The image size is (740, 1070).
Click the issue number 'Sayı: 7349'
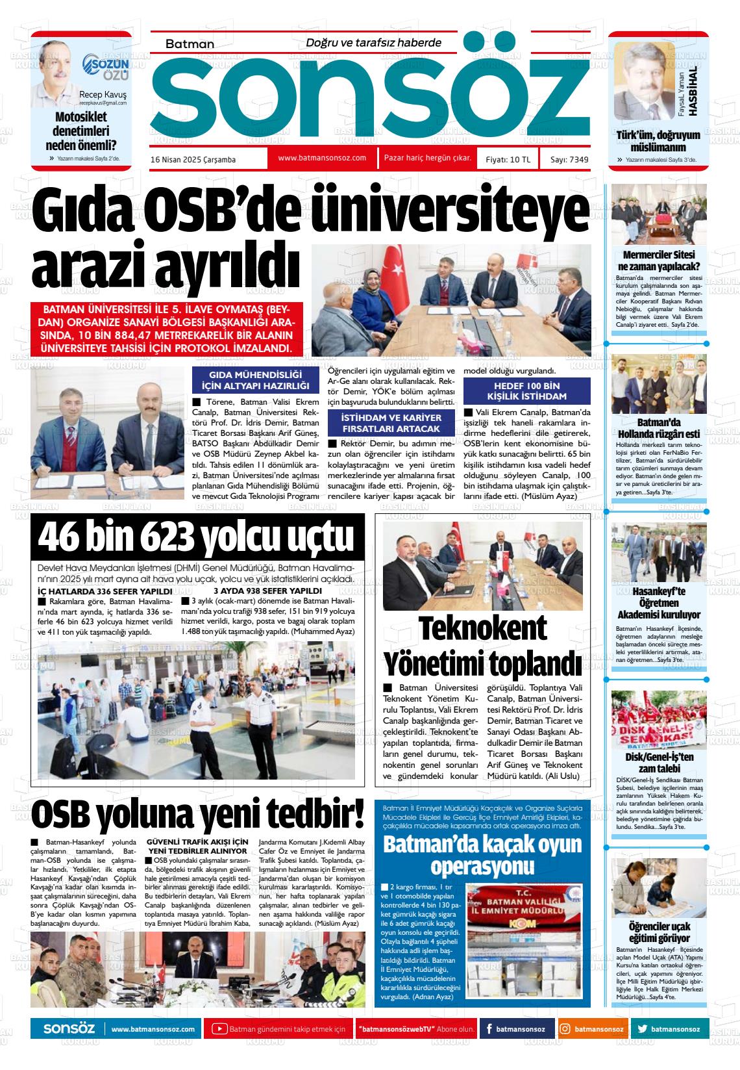(x=569, y=159)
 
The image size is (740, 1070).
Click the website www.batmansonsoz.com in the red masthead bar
(x=322, y=158)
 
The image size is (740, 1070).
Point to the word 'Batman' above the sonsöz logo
(x=190, y=44)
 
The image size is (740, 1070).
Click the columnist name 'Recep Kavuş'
(x=103, y=94)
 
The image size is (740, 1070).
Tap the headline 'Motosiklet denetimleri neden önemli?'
(x=81, y=131)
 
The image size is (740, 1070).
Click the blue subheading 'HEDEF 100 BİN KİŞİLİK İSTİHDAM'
(x=526, y=391)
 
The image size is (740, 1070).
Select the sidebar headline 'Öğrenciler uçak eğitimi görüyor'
(x=659, y=932)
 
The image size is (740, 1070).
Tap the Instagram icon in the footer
(x=565, y=1029)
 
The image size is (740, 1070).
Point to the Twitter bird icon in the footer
(x=642, y=1029)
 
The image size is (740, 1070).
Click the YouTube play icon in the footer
(x=219, y=1029)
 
